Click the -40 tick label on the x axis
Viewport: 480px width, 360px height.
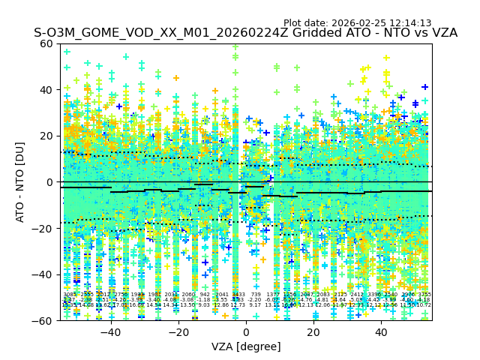[x=110, y=332]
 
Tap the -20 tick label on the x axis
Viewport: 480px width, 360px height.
[x=178, y=332]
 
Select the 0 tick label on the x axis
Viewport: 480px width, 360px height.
[x=246, y=332]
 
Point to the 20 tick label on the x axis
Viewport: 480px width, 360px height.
[x=313, y=332]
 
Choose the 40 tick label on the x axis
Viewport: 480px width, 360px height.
[x=381, y=332]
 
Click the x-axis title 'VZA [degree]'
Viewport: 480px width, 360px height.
[x=246, y=346]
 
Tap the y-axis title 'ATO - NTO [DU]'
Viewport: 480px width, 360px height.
[x=21, y=182]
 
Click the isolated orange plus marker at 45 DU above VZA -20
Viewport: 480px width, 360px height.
[x=176, y=78]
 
